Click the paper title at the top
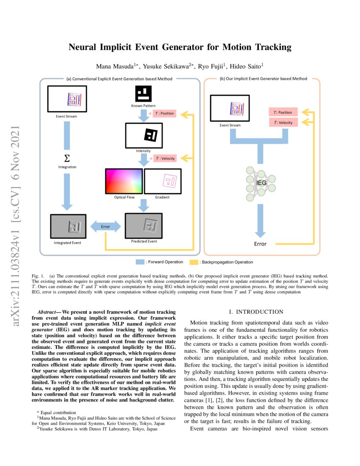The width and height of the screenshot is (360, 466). (x=180, y=47)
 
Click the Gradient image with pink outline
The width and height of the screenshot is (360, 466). (x=163, y=181)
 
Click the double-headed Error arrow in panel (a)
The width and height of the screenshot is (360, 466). (x=105, y=227)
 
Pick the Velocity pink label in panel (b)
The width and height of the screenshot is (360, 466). (x=283, y=122)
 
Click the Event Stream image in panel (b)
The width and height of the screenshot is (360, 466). (x=230, y=108)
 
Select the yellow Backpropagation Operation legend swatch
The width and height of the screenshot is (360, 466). (x=194, y=262)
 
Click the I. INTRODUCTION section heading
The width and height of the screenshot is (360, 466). (x=254, y=312)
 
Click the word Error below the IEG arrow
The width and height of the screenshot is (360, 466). (x=260, y=244)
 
